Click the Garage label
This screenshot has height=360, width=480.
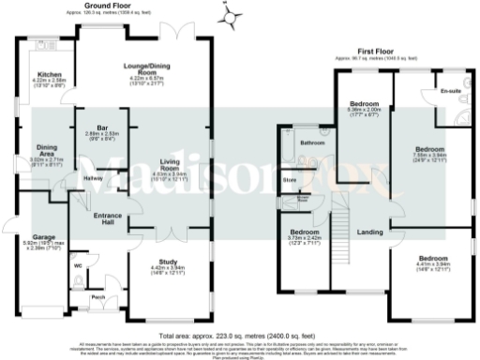[39, 238]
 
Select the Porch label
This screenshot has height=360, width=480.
[97, 298]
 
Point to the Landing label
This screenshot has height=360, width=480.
[368, 232]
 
